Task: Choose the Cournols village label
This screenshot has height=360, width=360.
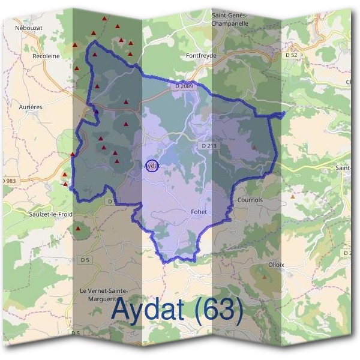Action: point(250,200)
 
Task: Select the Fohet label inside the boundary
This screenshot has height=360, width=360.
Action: point(199,212)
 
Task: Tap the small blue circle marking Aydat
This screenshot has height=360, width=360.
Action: point(152,165)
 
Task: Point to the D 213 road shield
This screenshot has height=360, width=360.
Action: point(208,145)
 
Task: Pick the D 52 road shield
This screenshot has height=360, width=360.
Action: point(292,55)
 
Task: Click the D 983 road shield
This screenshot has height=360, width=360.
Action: point(8,181)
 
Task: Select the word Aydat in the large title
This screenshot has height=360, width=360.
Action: point(150,311)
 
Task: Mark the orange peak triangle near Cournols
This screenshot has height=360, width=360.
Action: point(293,196)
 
